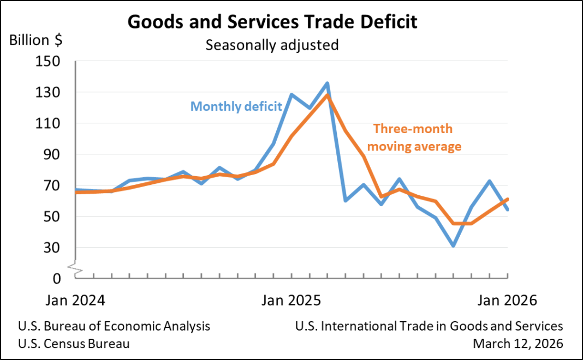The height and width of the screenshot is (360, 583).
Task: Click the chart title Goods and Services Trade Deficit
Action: tap(272, 22)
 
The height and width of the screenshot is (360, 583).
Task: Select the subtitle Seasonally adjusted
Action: tap(272, 45)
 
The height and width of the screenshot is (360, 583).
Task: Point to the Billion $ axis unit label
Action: tap(35, 40)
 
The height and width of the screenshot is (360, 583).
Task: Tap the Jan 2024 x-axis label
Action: tap(75, 301)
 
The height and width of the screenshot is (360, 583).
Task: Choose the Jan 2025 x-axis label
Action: tap(291, 301)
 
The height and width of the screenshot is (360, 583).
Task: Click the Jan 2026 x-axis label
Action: tap(508, 301)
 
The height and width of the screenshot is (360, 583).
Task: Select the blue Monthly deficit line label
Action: tap(236, 106)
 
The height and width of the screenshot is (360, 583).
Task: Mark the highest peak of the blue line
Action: tap(327, 83)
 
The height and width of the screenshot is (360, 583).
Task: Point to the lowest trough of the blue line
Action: tap(453, 246)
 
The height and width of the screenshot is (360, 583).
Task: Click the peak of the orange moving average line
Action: tap(327, 95)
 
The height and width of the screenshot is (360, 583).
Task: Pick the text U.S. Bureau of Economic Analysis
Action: tap(114, 326)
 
